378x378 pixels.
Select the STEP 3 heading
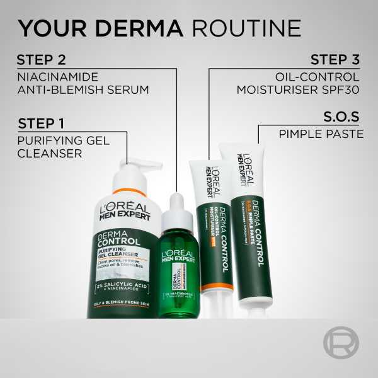click(335, 60)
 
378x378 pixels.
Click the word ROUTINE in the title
click(247, 28)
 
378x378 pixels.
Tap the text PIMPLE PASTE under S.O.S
click(321, 134)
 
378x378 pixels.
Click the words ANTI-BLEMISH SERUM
click(83, 89)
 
